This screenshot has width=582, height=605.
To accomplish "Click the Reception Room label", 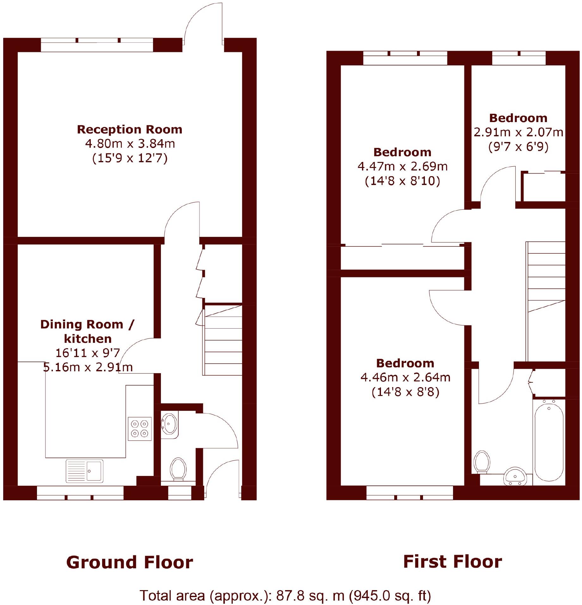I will [130, 129].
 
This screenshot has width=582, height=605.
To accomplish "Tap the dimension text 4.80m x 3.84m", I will [130, 144].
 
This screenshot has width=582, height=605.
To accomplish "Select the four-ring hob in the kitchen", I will [139, 429].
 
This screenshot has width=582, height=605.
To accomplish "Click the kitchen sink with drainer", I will [84, 471].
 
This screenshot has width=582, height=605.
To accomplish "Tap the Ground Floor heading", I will [129, 563].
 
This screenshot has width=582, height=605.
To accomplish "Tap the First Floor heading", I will [452, 562].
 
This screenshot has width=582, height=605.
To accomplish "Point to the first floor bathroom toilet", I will [482, 462].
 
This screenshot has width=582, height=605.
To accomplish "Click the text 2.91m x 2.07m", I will [518, 132].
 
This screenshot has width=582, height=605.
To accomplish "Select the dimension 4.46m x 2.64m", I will [405, 377].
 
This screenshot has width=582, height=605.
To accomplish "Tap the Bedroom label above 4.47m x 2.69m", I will [402, 152].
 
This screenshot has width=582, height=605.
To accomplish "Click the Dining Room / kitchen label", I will [87, 331].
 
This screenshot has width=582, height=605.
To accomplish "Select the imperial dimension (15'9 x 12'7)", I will [130, 158].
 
